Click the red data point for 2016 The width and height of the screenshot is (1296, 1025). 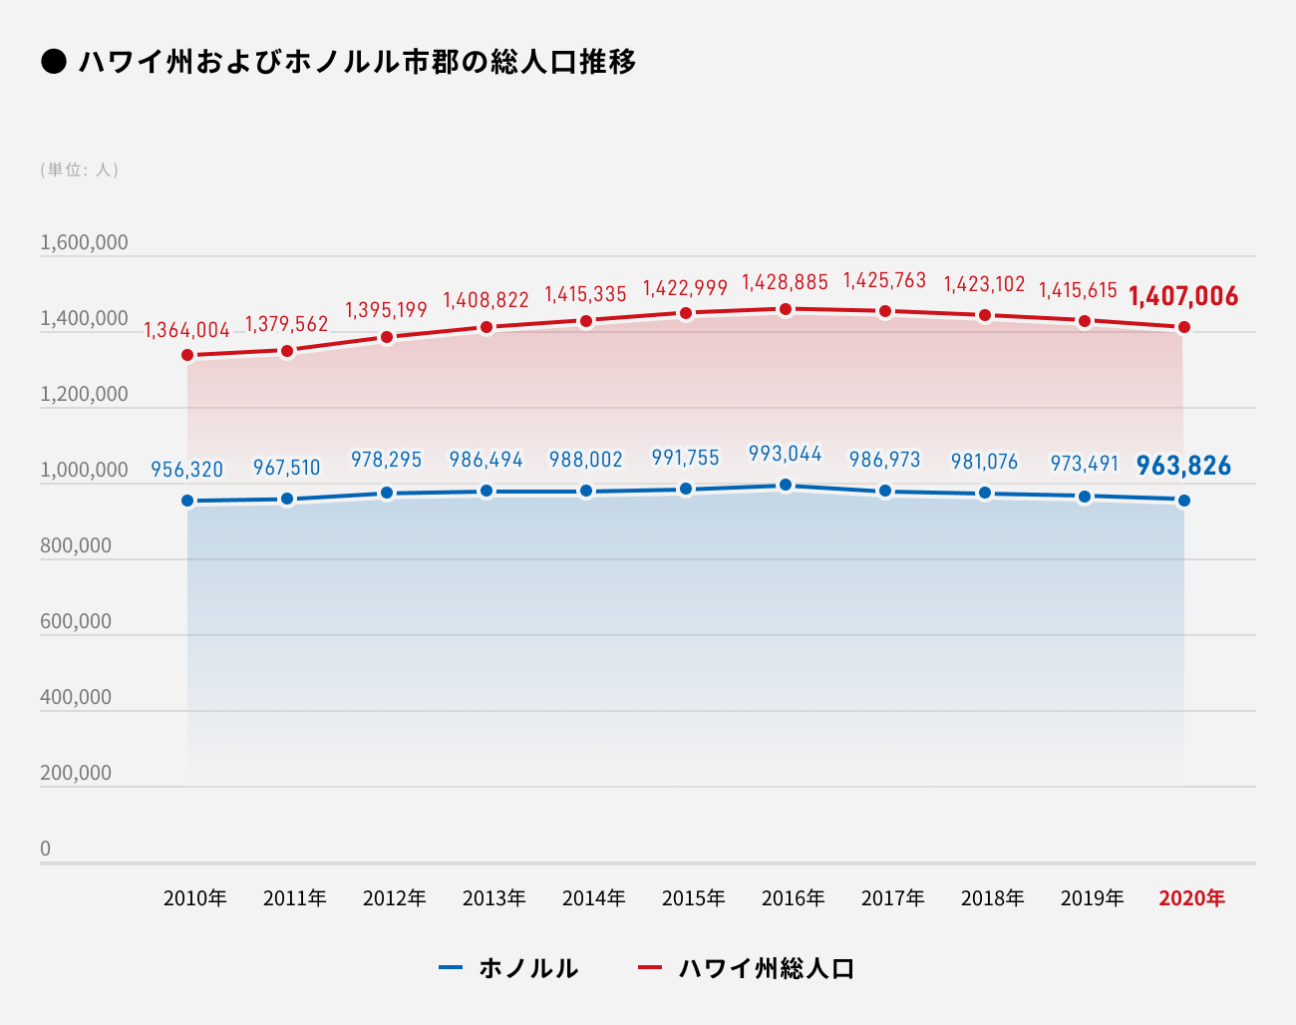point(786,309)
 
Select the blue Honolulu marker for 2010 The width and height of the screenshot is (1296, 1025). point(187,501)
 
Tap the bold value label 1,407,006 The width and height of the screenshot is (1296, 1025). point(1183,296)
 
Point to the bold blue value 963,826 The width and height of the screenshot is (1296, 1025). point(1183,466)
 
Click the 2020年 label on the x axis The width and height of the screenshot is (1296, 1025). point(1191,898)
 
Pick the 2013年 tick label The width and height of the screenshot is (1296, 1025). point(493,898)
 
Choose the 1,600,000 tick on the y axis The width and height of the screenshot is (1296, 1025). point(84,242)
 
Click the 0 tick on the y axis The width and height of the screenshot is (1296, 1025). point(45,849)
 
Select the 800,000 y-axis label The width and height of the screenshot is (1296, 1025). point(76,545)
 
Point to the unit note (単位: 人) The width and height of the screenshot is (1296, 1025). point(80,170)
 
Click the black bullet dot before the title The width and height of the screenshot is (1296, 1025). point(53,62)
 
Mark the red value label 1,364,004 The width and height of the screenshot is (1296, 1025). point(186,330)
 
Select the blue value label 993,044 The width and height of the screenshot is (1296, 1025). point(786,455)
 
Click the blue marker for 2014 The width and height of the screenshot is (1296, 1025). point(586,491)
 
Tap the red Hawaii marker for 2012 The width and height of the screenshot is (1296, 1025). point(387,337)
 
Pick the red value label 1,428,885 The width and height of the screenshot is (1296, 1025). point(785,283)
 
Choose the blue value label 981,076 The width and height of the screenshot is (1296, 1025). point(984,462)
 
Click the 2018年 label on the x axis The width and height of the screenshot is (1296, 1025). point(992,898)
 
